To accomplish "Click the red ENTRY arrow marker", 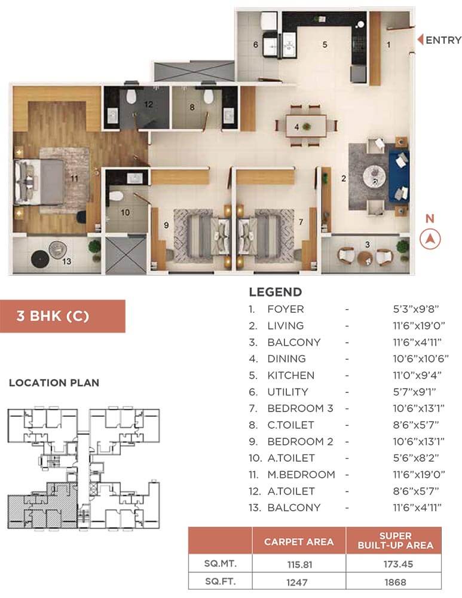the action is (x=420, y=39).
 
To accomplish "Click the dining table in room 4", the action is (x=306, y=126).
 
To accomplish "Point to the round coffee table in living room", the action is (x=374, y=177).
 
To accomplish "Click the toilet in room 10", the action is (x=115, y=196).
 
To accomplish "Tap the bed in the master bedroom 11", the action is (x=39, y=182).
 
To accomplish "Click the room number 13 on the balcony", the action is (x=67, y=261).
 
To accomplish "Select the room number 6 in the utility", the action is (x=256, y=45).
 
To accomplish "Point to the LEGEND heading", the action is (x=275, y=292).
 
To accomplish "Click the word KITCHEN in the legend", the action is (x=291, y=376).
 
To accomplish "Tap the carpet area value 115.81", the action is (x=299, y=565).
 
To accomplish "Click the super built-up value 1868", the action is (x=395, y=582).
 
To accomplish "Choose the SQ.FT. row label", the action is (x=221, y=582).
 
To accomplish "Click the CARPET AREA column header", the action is (x=299, y=542).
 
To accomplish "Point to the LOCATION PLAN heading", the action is (x=54, y=383).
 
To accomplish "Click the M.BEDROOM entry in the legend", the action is (x=301, y=474).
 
